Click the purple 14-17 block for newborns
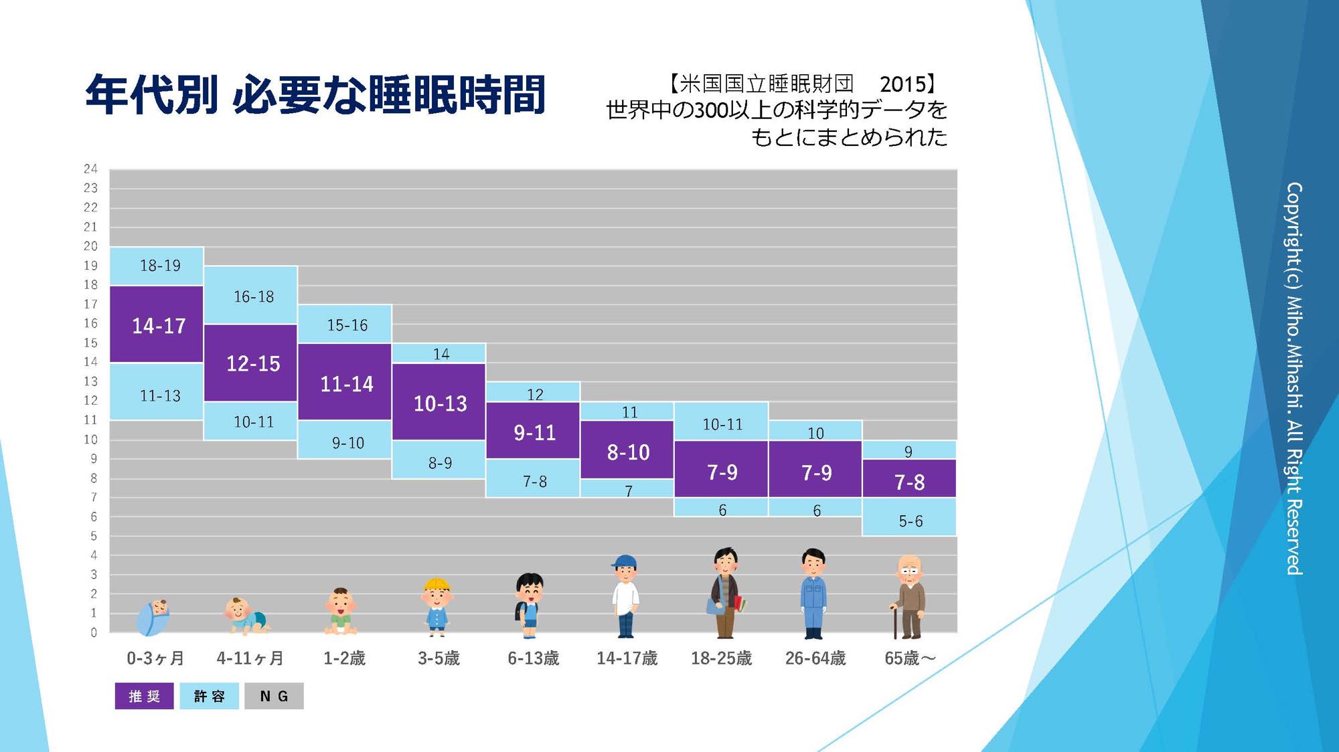pyautogui.click(x=157, y=324)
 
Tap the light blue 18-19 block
pyautogui.click(x=157, y=266)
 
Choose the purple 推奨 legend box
pyautogui.click(x=144, y=696)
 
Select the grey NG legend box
pyautogui.click(x=274, y=696)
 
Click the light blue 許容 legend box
pyautogui.click(x=209, y=696)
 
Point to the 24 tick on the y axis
pyautogui.click(x=90, y=169)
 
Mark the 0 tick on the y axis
pyautogui.click(x=94, y=632)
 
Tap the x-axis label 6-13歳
pyautogui.click(x=533, y=658)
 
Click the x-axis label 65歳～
pyautogui.click(x=909, y=658)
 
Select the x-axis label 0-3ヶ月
pyautogui.click(x=155, y=658)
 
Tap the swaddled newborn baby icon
pyautogui.click(x=154, y=617)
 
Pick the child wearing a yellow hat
pyautogui.click(x=437, y=606)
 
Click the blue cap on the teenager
pyautogui.click(x=624, y=561)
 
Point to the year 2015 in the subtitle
pyautogui.click(x=902, y=84)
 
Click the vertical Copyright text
pyautogui.click(x=1294, y=378)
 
